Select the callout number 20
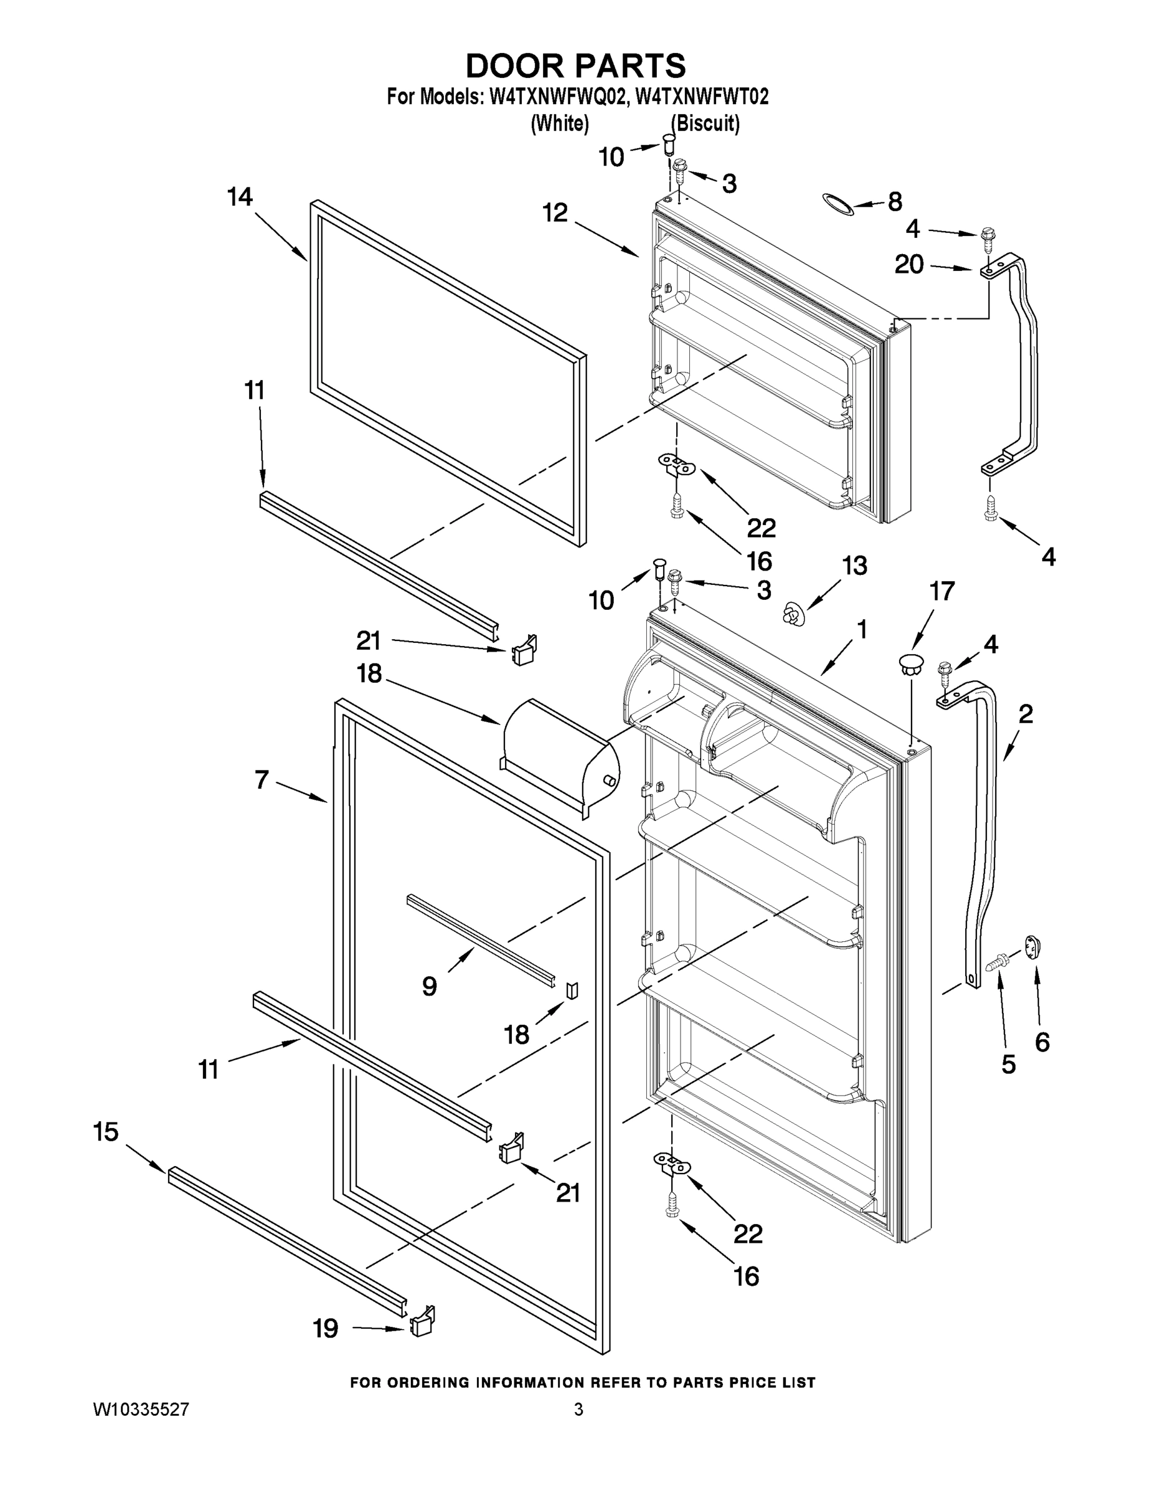(909, 264)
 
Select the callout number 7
(262, 779)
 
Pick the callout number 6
(1042, 1042)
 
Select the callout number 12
(555, 213)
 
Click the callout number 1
(862, 629)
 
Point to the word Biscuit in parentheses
(705, 124)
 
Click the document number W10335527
(141, 1410)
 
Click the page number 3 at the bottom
(578, 1410)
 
